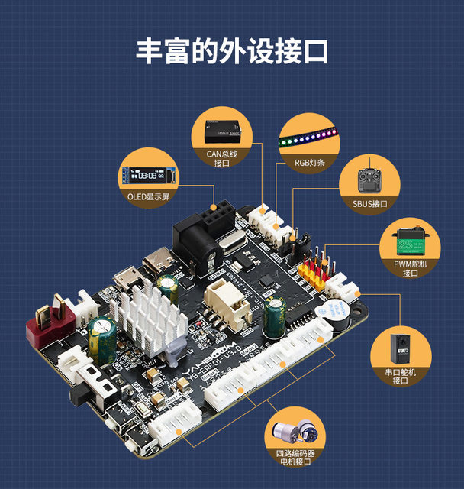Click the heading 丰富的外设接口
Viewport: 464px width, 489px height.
click(x=232, y=50)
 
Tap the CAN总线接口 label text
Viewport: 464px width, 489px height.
click(x=222, y=158)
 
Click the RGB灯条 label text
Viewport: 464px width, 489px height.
click(x=310, y=163)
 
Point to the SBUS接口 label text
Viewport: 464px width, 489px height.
click(x=370, y=204)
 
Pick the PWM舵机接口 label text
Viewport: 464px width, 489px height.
click(x=411, y=268)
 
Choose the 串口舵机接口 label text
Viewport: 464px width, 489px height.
click(x=402, y=376)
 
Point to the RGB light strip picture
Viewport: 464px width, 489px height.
click(x=309, y=135)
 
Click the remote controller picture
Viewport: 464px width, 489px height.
click(x=371, y=180)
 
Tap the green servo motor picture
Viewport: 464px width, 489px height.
click(x=410, y=243)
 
